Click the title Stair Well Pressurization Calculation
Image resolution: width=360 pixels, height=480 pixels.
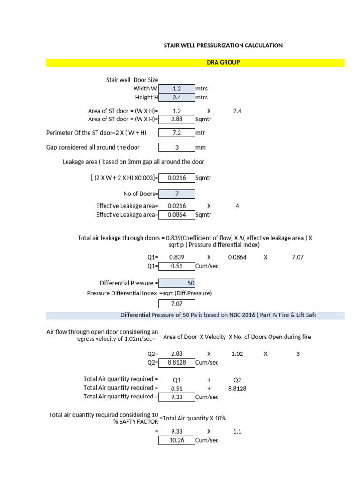223,45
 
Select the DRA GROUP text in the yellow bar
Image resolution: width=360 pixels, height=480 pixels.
223,62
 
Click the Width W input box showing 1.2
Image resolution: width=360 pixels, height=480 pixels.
177,89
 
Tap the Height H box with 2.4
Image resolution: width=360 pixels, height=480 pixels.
177,97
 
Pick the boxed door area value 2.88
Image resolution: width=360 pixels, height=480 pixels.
177,120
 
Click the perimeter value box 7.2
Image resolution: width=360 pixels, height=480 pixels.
177,133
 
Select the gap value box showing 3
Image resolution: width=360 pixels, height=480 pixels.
177,147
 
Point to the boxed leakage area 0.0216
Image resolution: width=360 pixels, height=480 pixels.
177,178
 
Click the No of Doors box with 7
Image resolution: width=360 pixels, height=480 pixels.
177,194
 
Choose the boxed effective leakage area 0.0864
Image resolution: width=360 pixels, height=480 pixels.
177,215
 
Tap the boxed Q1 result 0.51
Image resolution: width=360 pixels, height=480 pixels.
177,266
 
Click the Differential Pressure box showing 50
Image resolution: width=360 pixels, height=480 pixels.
177,283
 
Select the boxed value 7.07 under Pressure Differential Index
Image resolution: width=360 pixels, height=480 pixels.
177,304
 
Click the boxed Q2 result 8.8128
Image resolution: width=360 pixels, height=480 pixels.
177,362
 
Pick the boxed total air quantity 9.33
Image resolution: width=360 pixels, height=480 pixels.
177,397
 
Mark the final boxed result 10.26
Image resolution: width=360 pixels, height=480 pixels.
177,440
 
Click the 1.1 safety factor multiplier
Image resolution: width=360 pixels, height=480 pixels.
237,431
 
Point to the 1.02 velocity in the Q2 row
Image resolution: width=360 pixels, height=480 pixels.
237,354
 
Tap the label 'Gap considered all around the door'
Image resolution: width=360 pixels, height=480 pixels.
93,147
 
